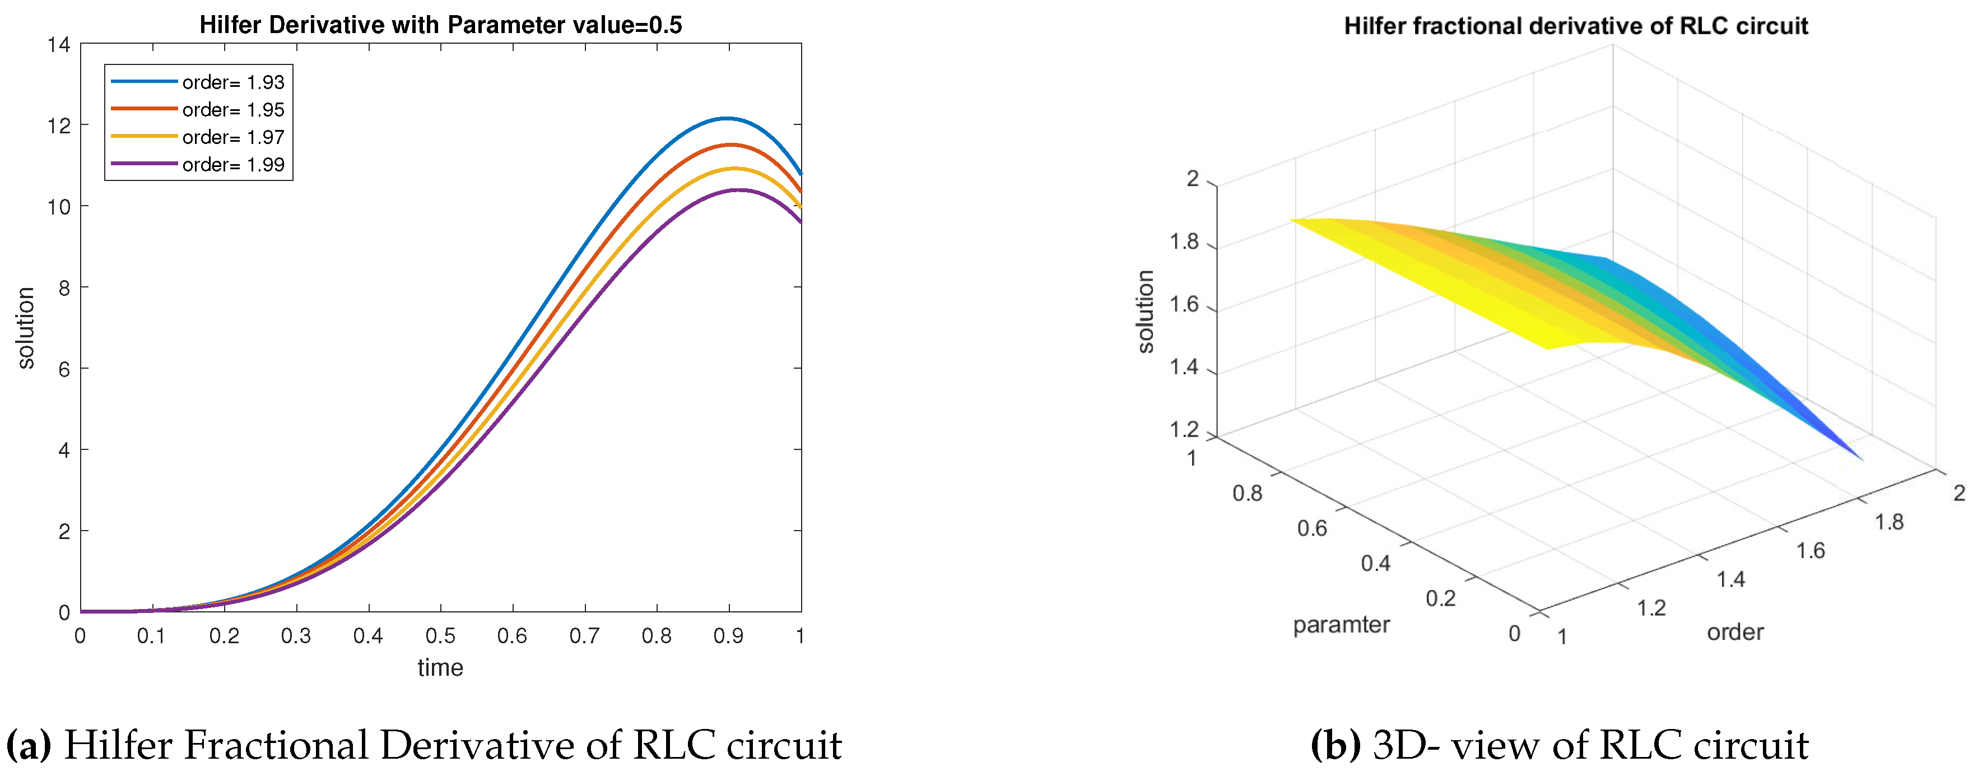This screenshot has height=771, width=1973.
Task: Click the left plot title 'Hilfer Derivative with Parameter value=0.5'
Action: pyautogui.click(x=440, y=25)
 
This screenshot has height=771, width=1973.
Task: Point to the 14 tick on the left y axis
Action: pyautogui.click(x=58, y=45)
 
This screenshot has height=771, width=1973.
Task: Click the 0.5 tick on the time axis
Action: pyautogui.click(x=440, y=635)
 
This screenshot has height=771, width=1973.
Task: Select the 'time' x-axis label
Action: pyautogui.click(x=440, y=667)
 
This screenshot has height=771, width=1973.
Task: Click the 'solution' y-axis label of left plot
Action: pyautogui.click(x=26, y=328)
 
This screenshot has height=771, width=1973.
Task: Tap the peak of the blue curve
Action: pyautogui.click(x=726, y=118)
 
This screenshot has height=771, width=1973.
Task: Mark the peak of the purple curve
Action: pyautogui.click(x=738, y=189)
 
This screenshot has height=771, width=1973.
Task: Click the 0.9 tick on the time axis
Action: pyautogui.click(x=728, y=635)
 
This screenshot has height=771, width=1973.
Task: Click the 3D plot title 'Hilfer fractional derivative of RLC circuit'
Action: pyautogui.click(x=1575, y=26)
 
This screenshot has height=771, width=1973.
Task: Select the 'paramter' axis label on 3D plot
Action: pyautogui.click(x=1341, y=625)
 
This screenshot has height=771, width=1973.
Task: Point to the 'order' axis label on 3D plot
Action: pyautogui.click(x=1735, y=632)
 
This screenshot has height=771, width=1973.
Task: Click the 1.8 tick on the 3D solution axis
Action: pyautogui.click(x=1184, y=242)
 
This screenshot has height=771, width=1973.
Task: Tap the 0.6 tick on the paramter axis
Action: pyautogui.click(x=1311, y=528)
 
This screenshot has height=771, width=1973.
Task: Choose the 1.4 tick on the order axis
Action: pyautogui.click(x=1731, y=579)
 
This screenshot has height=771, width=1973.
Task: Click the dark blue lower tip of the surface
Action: pyautogui.click(x=1858, y=457)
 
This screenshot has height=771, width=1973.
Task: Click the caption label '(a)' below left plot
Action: pyautogui.click(x=29, y=744)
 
